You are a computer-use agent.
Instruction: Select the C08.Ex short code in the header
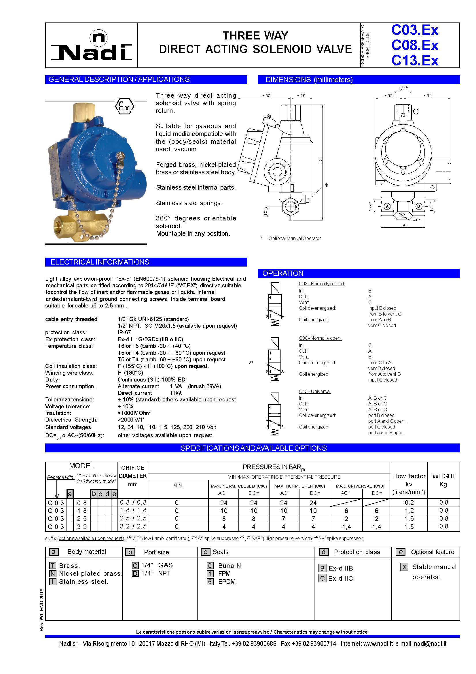[414, 45]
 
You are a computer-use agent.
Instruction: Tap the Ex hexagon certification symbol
[124, 107]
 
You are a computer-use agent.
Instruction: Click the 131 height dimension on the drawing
[320, 160]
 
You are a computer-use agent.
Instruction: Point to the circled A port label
[387, 206]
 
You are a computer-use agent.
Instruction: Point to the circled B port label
[419, 206]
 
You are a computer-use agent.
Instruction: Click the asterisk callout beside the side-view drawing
[326, 186]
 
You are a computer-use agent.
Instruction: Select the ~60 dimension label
[266, 96]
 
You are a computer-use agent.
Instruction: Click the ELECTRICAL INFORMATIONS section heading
[100, 262]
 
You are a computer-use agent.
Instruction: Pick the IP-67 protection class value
[124, 332]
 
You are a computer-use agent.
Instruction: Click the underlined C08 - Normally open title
[320, 338]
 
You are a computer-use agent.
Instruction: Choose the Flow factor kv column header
[409, 484]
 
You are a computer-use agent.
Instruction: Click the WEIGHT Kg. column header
[443, 480]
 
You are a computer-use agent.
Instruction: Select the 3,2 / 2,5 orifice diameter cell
[133, 526]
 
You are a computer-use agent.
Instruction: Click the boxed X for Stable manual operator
[404, 567]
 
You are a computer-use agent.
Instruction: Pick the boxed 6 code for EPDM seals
[210, 582]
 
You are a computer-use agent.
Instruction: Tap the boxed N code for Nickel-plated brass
[53, 574]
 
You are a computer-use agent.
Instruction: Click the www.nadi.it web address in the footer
[378, 644]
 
